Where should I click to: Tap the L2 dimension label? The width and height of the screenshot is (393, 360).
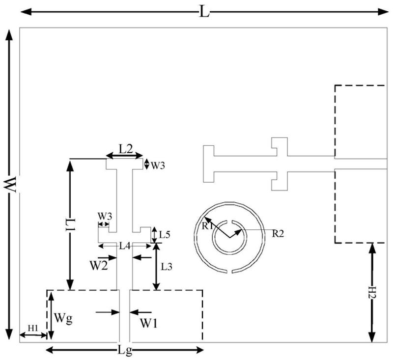(126, 149)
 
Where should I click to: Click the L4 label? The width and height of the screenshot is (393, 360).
(125, 245)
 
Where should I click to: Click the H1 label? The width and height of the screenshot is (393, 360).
(32, 327)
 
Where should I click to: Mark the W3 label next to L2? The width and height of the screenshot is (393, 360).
(158, 166)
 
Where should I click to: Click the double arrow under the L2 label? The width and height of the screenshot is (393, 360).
(125, 156)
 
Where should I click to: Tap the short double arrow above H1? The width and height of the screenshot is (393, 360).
(33, 335)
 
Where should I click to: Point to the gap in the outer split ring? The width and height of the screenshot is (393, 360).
(228, 270)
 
